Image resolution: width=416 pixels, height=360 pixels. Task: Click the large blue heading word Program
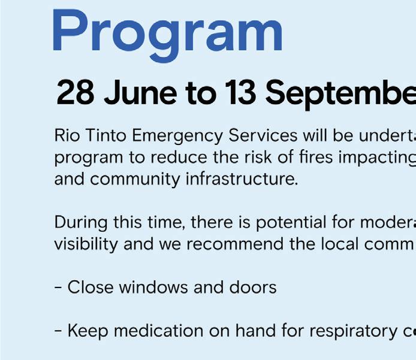[168, 35]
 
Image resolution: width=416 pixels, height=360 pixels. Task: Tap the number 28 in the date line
[76, 93]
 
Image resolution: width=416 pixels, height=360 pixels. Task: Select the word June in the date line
[140, 93]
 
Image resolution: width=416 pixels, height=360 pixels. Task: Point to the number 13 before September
[240, 93]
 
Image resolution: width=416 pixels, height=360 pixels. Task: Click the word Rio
[67, 135]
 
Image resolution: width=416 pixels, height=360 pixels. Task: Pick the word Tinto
[106, 135]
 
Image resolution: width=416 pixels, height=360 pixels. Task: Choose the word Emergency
[177, 136]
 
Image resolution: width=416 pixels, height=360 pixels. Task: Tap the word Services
[263, 135]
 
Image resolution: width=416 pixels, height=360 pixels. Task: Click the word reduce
[179, 157]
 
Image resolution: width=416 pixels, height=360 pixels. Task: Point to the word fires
[316, 157]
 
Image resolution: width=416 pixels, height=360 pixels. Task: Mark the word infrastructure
[242, 179]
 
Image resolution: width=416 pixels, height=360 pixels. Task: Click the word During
[81, 223]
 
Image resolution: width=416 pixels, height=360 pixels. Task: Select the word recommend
[235, 244]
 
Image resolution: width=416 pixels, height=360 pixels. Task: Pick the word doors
[253, 288]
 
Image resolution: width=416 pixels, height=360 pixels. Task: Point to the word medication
[159, 331]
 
